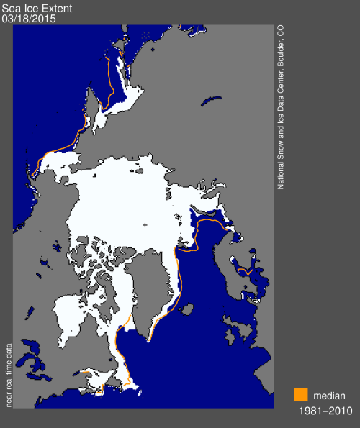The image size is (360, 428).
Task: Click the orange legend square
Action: click(301, 395)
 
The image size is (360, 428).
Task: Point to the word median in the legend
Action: click(329, 395)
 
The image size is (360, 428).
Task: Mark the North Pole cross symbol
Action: click(145, 225)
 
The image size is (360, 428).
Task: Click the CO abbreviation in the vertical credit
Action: click(281, 32)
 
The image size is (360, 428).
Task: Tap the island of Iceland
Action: click(184, 309)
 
